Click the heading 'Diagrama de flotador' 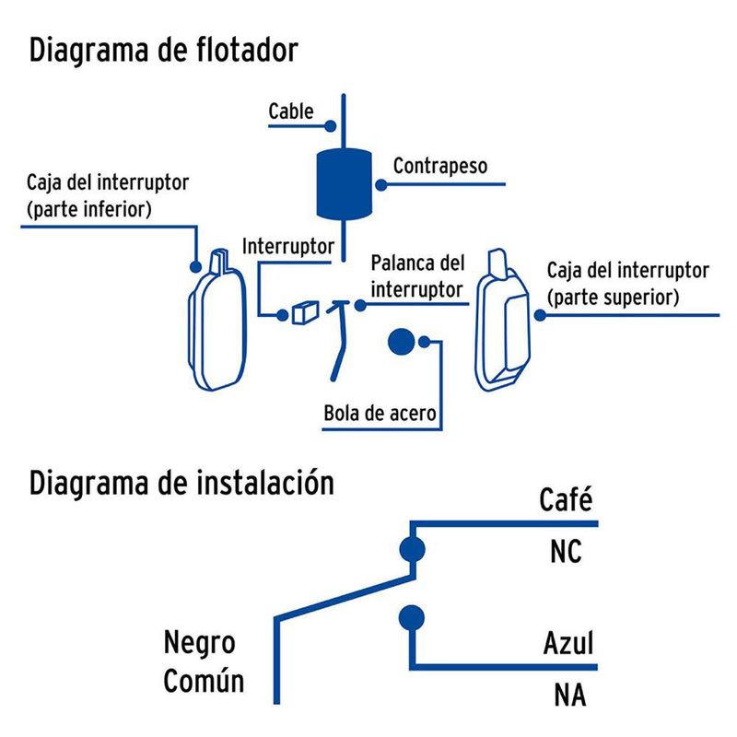point(164,50)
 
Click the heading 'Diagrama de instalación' point(181,482)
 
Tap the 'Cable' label point(290,111)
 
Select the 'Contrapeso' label point(439,166)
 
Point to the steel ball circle point(401,343)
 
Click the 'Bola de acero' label point(380,413)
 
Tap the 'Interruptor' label point(287,246)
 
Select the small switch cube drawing point(303,313)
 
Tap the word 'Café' point(564,502)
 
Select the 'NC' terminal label point(566,552)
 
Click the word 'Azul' point(567,643)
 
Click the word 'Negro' point(199,641)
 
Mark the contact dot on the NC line point(412,550)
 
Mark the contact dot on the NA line point(412,617)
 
